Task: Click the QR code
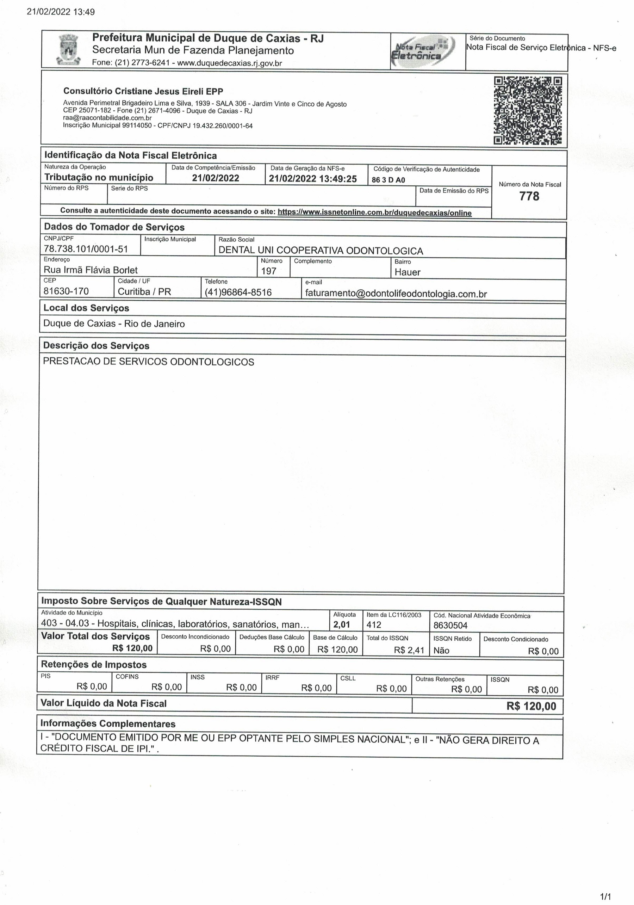click(x=528, y=111)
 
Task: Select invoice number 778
click(x=529, y=196)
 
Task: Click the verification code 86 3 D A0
click(x=389, y=180)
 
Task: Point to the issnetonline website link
click(x=374, y=213)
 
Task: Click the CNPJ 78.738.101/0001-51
click(x=86, y=249)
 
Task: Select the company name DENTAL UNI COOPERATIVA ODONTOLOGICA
click(x=321, y=251)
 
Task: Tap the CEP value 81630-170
click(x=66, y=291)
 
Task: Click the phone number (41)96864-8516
click(x=238, y=292)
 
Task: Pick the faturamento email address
click(x=396, y=294)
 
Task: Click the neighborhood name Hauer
click(x=408, y=272)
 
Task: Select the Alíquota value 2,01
click(x=342, y=624)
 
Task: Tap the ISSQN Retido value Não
click(x=441, y=650)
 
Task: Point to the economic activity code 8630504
click(x=450, y=625)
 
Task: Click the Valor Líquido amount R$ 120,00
click(x=531, y=706)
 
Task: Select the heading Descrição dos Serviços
click(x=96, y=346)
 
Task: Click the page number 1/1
click(x=605, y=897)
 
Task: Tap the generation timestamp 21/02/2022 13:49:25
click(x=312, y=179)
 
